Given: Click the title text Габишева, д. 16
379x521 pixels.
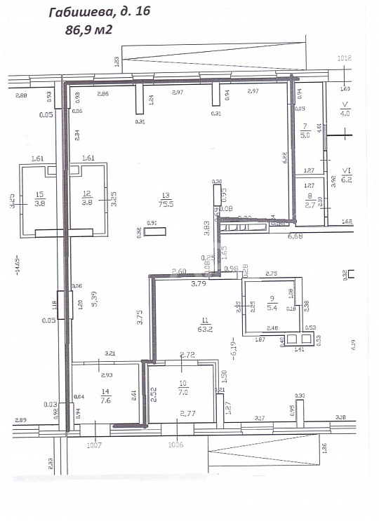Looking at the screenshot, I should tap(99, 12).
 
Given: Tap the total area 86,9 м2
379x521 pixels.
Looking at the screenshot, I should tap(88, 29).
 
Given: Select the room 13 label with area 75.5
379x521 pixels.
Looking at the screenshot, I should tap(166, 199).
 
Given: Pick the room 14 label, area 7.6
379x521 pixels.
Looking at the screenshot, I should tap(105, 398).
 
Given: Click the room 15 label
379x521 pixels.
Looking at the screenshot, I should tap(39, 199).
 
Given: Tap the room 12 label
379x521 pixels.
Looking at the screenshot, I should tap(87, 199).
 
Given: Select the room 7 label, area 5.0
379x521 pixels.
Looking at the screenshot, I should tap(305, 131).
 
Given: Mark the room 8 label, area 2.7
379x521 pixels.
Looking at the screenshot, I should tap(310, 201).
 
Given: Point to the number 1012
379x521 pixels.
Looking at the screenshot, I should tap(344, 58).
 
